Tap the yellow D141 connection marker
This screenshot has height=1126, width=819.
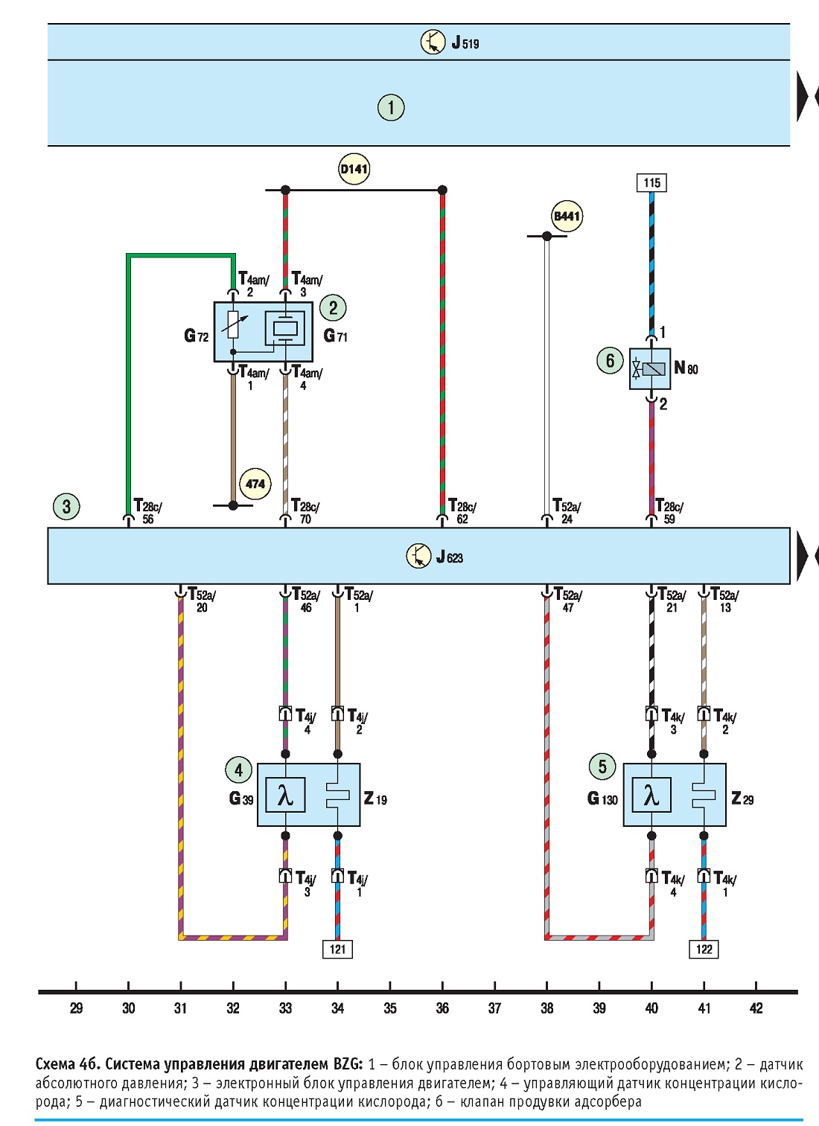pos(354,169)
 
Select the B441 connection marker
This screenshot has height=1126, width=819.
pos(567,216)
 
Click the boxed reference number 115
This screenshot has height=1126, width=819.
pos(651,182)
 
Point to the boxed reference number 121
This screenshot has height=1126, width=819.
pos(337,949)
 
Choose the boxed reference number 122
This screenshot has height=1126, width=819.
pos(704,949)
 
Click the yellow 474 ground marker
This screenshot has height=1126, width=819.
pos(255,484)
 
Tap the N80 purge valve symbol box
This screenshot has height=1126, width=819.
pos(650,368)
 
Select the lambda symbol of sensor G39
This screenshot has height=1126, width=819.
pos(285,794)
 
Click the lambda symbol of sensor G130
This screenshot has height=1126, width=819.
pos(651,794)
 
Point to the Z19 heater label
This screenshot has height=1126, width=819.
pos(375,799)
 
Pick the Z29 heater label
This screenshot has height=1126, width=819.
pos(742,799)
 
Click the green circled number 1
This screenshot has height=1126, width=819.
pos(391,107)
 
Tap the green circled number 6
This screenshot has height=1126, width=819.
pos(610,360)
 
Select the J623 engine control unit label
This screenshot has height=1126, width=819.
pos(450,557)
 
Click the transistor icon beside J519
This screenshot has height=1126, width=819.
pos(433,42)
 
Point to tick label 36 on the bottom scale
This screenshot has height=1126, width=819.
pos(442,1008)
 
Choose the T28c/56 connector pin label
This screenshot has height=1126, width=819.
pos(148,511)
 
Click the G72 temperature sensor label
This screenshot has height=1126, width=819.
pos(196,336)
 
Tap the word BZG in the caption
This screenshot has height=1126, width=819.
pos(347,1064)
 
